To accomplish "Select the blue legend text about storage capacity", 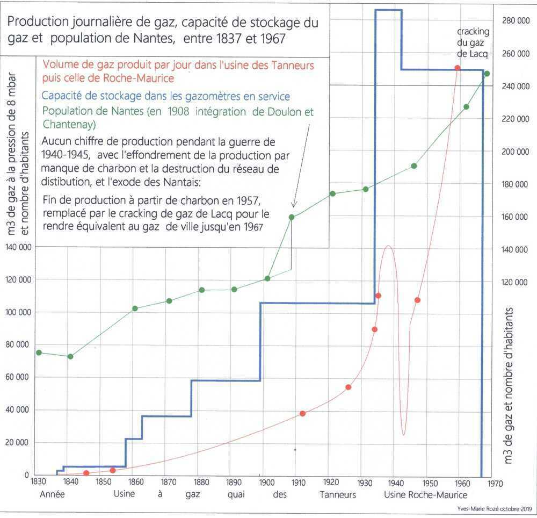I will click(x=165, y=96).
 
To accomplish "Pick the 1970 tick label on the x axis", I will click(x=495, y=483).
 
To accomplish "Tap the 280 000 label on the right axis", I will click(x=516, y=21).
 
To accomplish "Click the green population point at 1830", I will click(x=39, y=352).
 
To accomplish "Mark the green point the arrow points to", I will click(x=292, y=217).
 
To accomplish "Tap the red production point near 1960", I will click(x=457, y=68).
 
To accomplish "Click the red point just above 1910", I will click(x=302, y=413).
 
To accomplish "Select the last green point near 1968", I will click(x=487, y=74).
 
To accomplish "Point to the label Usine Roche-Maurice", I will click(x=425, y=495).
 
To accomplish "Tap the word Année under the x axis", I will click(x=52, y=495).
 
